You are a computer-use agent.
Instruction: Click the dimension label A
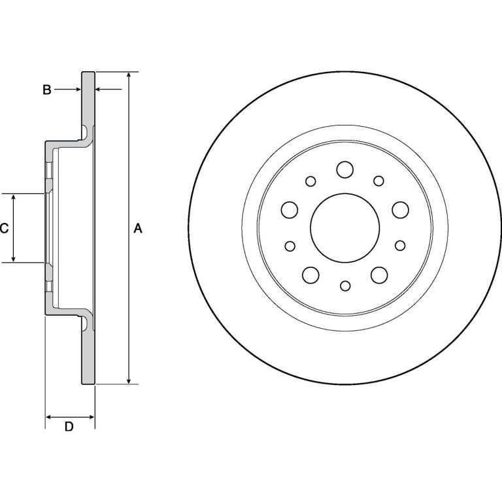click(138, 228)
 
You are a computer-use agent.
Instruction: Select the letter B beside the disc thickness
click(47, 90)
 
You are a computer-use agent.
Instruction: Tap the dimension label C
click(4, 228)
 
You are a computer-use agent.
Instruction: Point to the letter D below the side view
click(69, 426)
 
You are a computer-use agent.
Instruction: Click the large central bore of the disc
click(345, 227)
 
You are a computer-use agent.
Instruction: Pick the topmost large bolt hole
click(345, 169)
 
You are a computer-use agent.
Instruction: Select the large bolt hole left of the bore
click(290, 210)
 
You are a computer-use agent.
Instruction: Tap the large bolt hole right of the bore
click(400, 210)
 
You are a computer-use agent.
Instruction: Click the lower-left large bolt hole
click(310, 275)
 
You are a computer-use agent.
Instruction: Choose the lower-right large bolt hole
click(379, 275)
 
